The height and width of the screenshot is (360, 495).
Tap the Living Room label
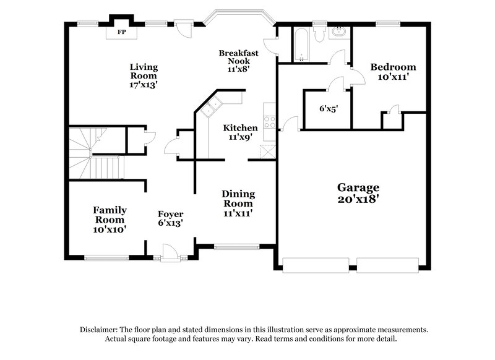tap(144, 76)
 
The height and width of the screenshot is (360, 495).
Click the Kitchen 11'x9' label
tap(240, 132)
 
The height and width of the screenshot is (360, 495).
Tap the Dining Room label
tap(238, 203)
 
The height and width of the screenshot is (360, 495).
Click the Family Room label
tap(110, 219)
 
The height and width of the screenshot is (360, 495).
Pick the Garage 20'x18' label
tap(358, 193)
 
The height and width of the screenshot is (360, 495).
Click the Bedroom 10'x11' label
tap(393, 72)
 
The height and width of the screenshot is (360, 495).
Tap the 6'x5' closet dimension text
tap(328, 108)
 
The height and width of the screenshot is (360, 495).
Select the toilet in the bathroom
tap(319, 35)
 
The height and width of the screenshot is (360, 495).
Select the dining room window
tap(236, 246)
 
